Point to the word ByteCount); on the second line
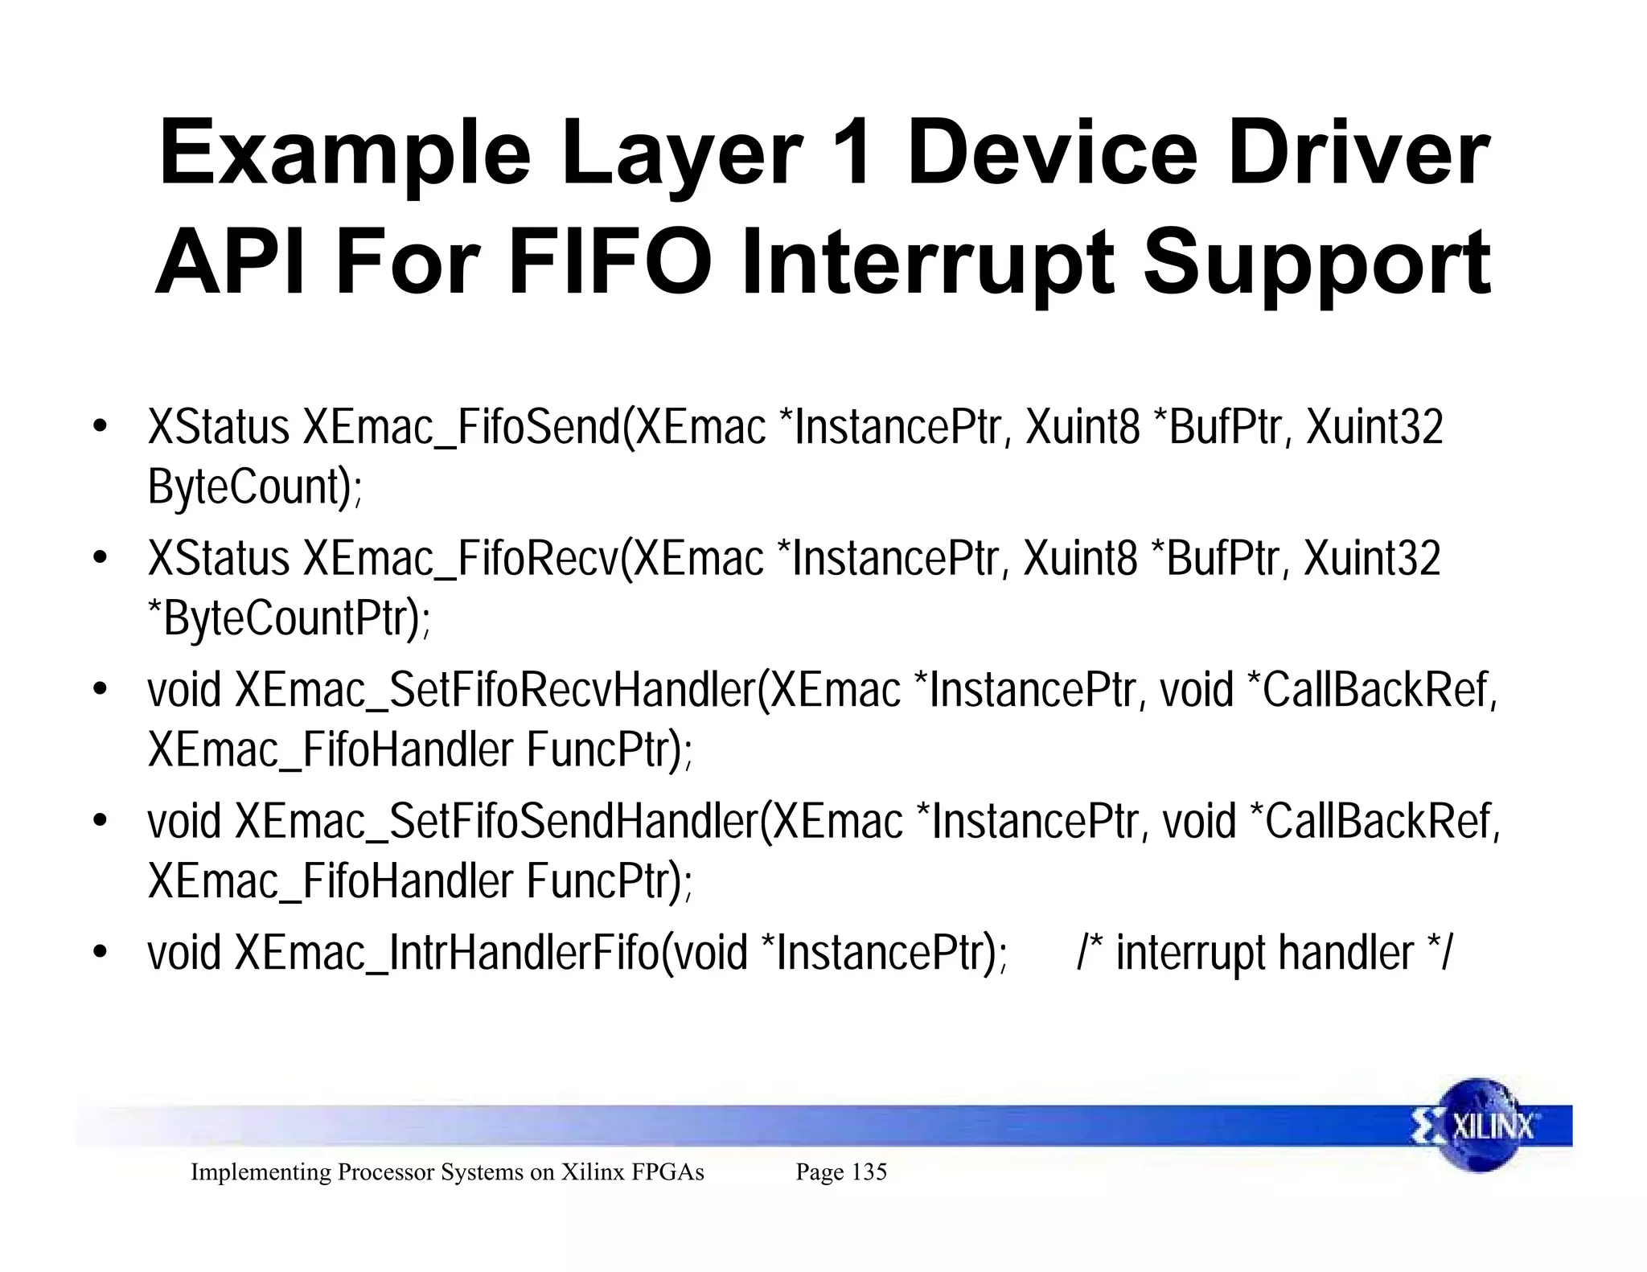click(255, 487)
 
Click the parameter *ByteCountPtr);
click(290, 619)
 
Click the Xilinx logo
click(1480, 1125)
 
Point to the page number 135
click(869, 1172)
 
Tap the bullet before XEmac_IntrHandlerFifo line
click(100, 954)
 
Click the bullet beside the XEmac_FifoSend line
click(100, 428)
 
